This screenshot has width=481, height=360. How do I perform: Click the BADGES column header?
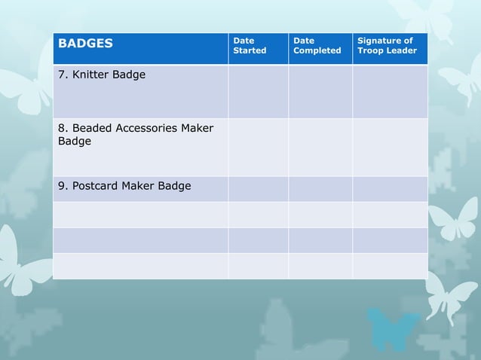pyautogui.click(x=86, y=43)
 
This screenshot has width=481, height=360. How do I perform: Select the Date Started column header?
pyautogui.click(x=250, y=45)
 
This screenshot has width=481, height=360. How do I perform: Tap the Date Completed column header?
pyautogui.click(x=317, y=45)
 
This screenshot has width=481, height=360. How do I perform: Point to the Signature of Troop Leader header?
pyautogui.click(x=387, y=45)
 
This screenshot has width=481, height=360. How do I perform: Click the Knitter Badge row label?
pyautogui.click(x=102, y=75)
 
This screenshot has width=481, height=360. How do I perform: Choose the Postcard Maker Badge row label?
pyautogui.click(x=124, y=185)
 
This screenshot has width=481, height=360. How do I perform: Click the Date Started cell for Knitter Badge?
pyautogui.click(x=258, y=91)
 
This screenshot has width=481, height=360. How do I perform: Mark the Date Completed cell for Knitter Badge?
pyautogui.click(x=320, y=91)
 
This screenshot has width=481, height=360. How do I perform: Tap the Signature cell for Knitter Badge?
pyautogui.click(x=390, y=91)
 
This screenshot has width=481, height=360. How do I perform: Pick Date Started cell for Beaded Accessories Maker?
pyautogui.click(x=258, y=147)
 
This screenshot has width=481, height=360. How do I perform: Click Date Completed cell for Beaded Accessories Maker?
pyautogui.click(x=320, y=147)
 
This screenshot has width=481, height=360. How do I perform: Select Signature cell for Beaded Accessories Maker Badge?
pyautogui.click(x=390, y=147)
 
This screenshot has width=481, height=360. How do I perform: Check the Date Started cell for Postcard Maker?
pyautogui.click(x=258, y=189)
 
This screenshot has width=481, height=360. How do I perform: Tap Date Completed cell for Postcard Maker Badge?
pyautogui.click(x=320, y=189)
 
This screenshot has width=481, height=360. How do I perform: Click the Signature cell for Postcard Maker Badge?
pyautogui.click(x=390, y=189)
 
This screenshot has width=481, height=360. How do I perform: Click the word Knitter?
pyautogui.click(x=90, y=75)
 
